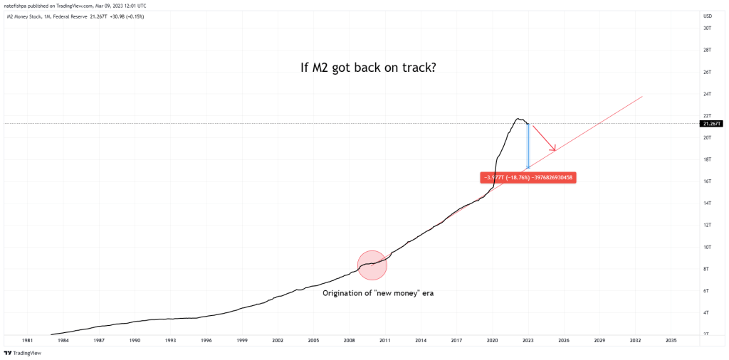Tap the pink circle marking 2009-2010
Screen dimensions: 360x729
372,265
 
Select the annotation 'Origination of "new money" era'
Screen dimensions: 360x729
378,293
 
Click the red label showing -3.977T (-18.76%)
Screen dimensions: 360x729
528,177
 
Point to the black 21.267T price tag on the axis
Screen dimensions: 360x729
710,123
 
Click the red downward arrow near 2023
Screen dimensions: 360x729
545,138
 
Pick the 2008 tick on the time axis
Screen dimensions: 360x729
349,341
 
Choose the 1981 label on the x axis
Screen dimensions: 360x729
27,341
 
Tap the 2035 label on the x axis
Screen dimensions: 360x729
671,341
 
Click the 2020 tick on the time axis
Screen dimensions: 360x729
492,341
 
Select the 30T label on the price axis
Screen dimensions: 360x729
708,28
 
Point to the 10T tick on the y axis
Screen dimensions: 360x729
708,247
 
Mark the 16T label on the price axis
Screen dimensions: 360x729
708,181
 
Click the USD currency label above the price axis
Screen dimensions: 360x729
708,16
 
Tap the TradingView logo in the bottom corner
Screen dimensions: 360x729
23,352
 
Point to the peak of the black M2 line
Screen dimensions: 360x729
518,118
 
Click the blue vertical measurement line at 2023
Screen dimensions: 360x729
528,146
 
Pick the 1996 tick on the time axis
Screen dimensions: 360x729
206,341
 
